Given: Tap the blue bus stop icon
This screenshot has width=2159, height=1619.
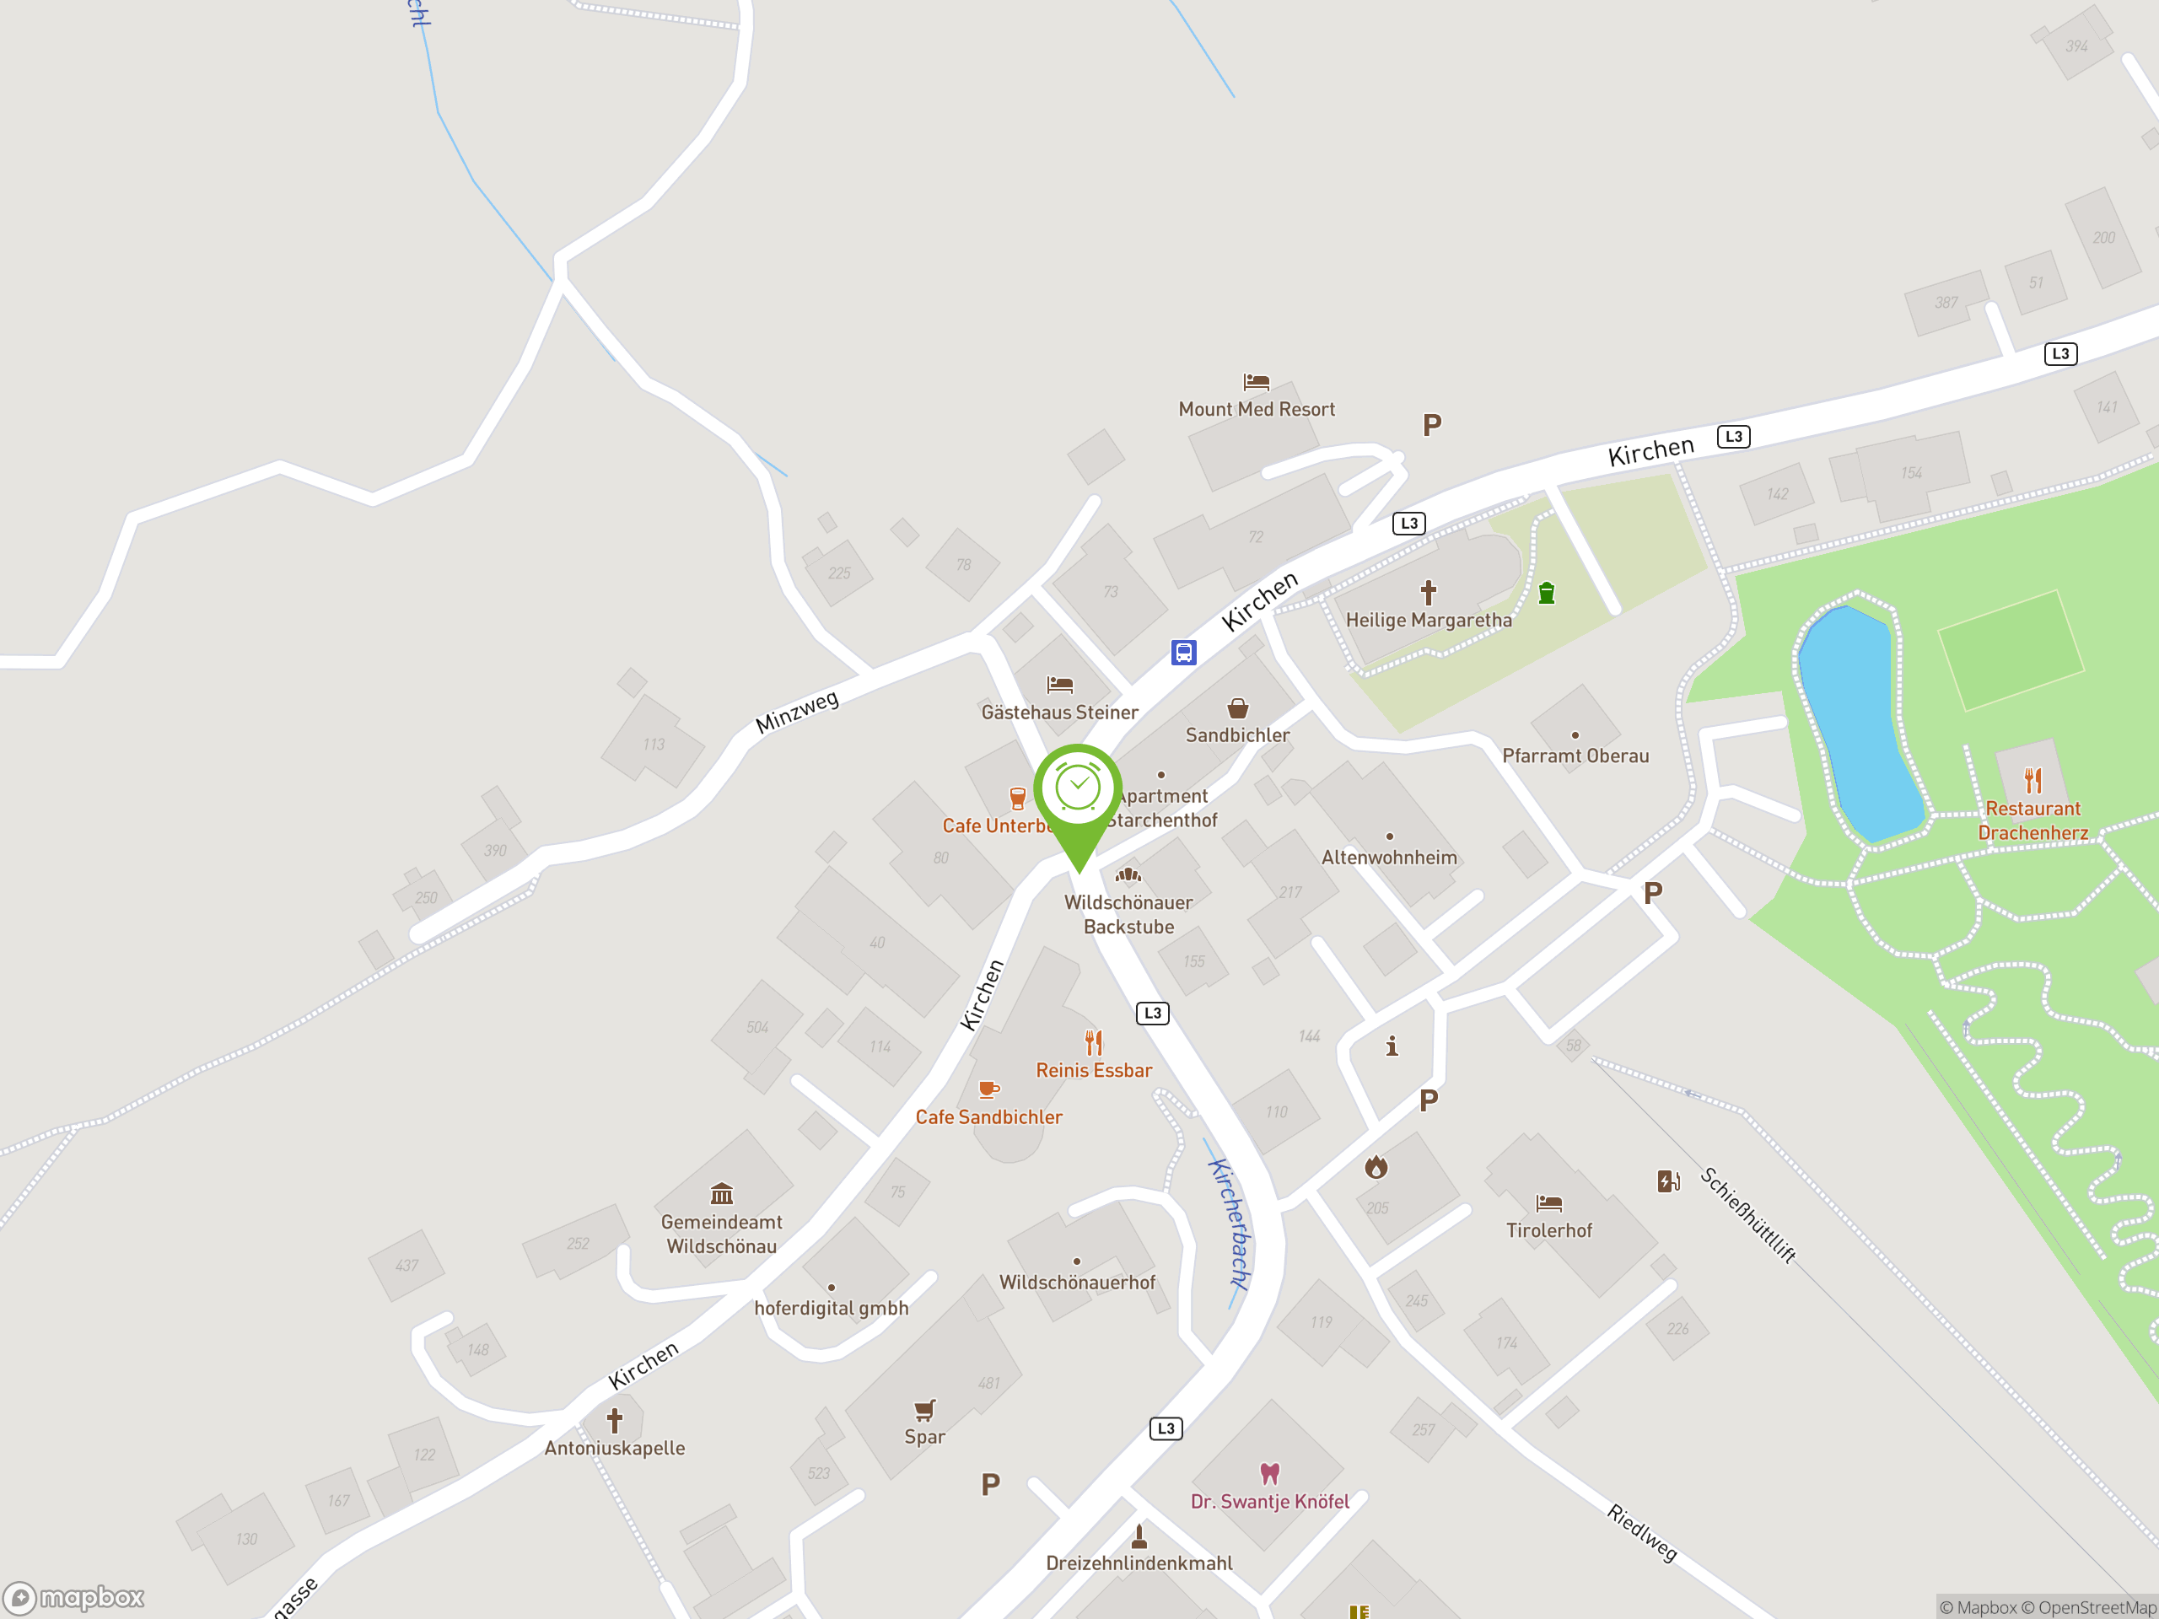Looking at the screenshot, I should (x=1183, y=652).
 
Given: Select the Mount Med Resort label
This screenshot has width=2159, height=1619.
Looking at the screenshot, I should (x=1256, y=410).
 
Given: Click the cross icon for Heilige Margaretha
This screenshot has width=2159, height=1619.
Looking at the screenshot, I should (x=1428, y=592).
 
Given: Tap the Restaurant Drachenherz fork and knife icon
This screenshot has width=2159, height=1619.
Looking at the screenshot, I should (x=2032, y=781).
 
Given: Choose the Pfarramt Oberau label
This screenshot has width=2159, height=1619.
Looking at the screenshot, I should (x=1575, y=756).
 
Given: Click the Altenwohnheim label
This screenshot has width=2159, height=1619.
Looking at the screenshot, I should (x=1389, y=858).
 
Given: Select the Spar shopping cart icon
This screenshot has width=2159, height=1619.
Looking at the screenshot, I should (x=924, y=1410).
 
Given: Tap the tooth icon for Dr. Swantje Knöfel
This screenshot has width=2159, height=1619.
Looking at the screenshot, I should (x=1269, y=1472).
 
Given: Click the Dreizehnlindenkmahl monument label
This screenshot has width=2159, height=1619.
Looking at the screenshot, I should (x=1139, y=1563).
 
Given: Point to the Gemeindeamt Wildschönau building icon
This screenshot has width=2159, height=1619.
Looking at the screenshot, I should (x=721, y=1193).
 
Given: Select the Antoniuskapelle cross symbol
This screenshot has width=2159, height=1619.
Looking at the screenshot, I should (x=614, y=1420).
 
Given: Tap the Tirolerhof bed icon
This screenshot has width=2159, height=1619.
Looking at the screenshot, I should (x=1549, y=1203).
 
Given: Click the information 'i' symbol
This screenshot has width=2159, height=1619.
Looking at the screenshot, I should (x=1392, y=1046).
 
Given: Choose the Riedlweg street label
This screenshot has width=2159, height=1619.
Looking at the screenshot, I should (x=1642, y=1532).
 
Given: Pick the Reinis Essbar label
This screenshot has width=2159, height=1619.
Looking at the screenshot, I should (x=1093, y=1071).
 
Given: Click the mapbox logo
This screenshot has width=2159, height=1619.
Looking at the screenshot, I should (x=74, y=1598).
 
